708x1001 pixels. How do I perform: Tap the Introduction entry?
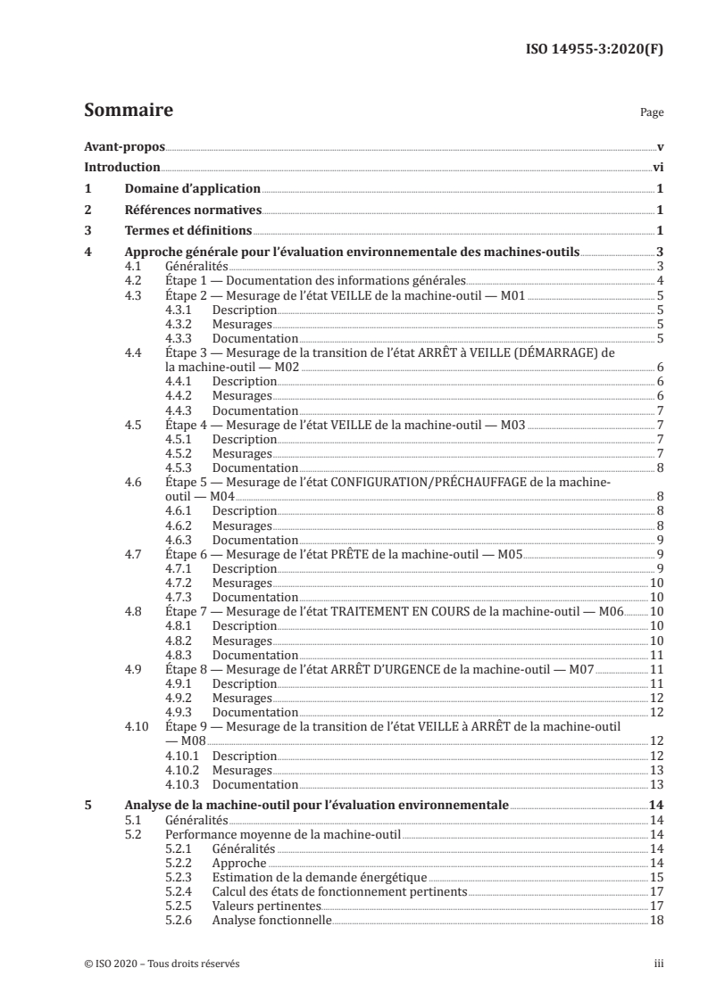122,167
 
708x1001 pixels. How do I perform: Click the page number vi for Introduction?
657,167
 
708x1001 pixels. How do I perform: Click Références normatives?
192,210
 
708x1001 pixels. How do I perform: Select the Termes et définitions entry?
186,231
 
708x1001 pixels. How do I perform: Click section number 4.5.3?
181,467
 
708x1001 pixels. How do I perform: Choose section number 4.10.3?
184,783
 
